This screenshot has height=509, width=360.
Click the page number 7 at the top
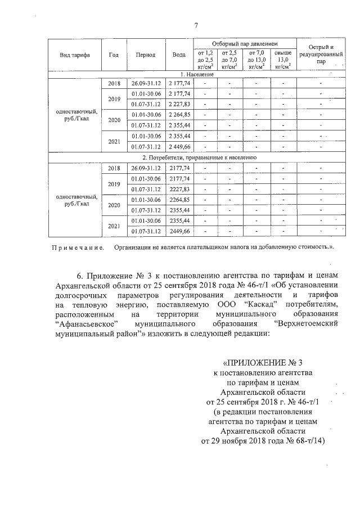point(196,25)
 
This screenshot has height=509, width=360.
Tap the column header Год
point(114,55)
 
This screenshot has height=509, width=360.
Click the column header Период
point(146,55)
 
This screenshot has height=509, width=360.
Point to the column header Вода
point(179,55)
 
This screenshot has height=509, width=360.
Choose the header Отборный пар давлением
point(245,43)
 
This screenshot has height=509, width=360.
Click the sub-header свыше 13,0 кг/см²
point(282,59)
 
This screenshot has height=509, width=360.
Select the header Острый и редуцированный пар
point(320,55)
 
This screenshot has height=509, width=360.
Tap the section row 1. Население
point(197,75)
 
